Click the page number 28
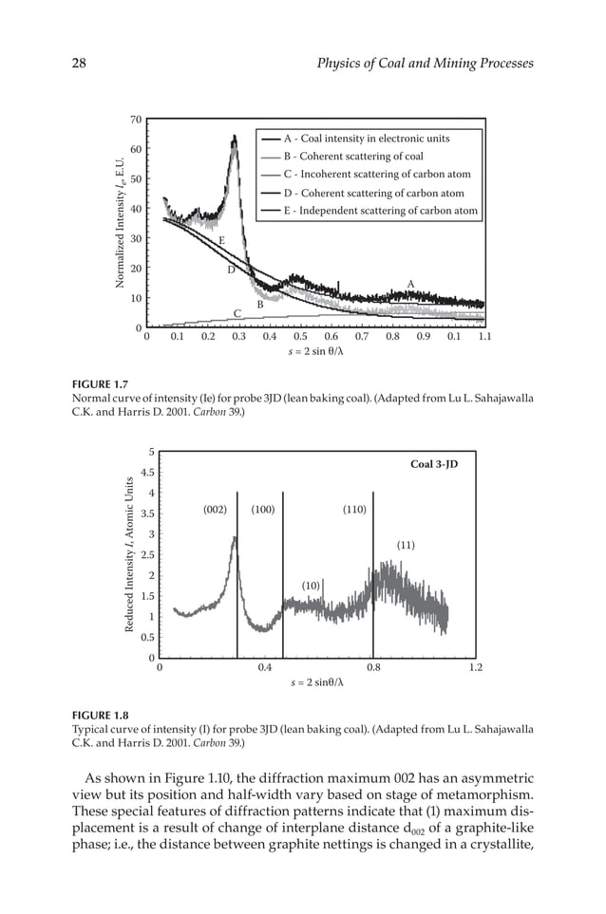click(x=80, y=64)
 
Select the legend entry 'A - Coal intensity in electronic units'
click(x=367, y=139)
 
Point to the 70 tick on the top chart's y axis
click(x=136, y=120)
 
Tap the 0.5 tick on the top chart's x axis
click(x=300, y=336)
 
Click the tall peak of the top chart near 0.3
click(x=234, y=139)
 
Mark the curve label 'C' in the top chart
click(x=237, y=313)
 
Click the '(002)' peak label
click(x=216, y=510)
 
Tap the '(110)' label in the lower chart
click(x=354, y=510)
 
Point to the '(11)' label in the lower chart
click(x=406, y=546)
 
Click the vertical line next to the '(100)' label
click(x=283, y=569)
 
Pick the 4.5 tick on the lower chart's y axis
click(x=147, y=472)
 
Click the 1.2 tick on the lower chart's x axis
click(x=477, y=667)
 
